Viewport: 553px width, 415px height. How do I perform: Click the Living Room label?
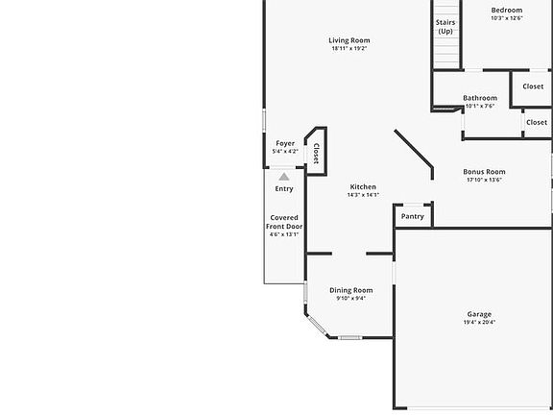tap(349, 40)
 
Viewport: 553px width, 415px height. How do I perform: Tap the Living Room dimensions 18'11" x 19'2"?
tap(349, 49)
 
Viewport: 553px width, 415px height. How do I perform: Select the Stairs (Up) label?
tap(445, 27)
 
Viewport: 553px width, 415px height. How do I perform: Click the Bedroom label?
tap(506, 10)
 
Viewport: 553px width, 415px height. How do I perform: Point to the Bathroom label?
tap(480, 98)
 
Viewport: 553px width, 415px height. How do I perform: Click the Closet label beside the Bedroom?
tap(533, 86)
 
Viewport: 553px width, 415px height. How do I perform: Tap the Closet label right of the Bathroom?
tap(536, 122)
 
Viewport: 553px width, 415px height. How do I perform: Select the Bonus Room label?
tap(484, 172)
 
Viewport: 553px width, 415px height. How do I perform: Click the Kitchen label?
tap(363, 186)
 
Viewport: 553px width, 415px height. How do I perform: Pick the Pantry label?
tap(413, 217)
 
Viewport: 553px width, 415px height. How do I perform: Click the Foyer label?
tap(285, 143)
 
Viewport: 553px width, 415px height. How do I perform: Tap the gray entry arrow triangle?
tap(284, 176)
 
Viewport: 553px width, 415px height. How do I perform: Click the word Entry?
tap(284, 188)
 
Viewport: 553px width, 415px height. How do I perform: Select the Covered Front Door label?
tap(284, 222)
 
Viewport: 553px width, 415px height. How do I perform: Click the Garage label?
tap(479, 314)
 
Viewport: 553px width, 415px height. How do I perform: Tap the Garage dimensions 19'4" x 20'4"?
tap(479, 323)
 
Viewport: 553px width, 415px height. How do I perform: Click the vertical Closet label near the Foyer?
tap(316, 154)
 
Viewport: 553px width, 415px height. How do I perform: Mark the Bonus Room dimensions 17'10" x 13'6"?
tap(484, 180)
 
